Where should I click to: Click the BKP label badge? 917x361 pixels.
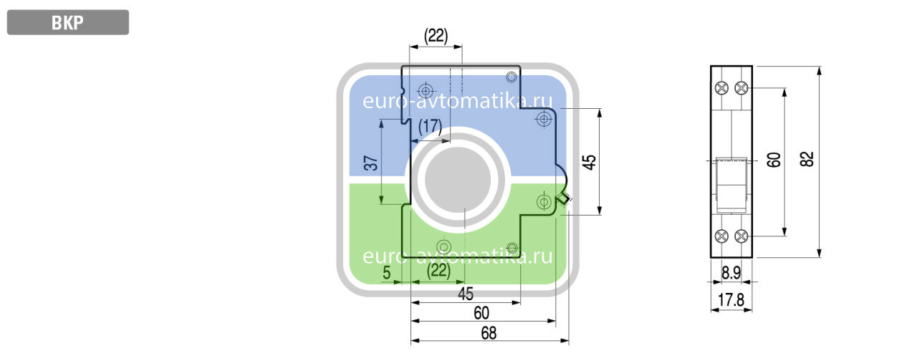click(x=68, y=22)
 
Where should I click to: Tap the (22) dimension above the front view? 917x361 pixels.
click(x=436, y=36)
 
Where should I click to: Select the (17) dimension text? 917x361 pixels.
click(x=431, y=127)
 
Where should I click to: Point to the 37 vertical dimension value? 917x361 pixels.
click(x=370, y=163)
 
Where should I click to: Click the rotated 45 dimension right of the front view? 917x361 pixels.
click(x=589, y=162)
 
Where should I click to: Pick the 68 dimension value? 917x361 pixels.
click(x=489, y=333)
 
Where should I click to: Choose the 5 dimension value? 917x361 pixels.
click(x=386, y=273)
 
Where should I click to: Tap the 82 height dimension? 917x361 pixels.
click(x=807, y=159)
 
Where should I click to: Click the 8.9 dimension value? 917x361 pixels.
click(x=731, y=273)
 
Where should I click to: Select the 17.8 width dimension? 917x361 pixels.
click(x=731, y=300)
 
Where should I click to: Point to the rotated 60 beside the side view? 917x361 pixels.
click(x=774, y=160)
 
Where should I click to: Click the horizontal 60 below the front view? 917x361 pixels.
click(x=481, y=313)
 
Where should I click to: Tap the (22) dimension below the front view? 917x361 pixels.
click(x=438, y=271)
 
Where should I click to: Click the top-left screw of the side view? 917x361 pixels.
click(x=721, y=87)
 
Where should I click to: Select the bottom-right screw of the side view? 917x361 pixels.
click(x=741, y=236)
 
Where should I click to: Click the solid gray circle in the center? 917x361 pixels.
click(x=458, y=180)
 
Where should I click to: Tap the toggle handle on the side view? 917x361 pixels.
click(x=731, y=186)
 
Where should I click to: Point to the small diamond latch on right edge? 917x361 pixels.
click(x=563, y=199)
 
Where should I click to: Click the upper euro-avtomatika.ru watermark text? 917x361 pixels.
click(x=457, y=101)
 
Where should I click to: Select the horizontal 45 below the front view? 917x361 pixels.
click(x=466, y=294)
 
